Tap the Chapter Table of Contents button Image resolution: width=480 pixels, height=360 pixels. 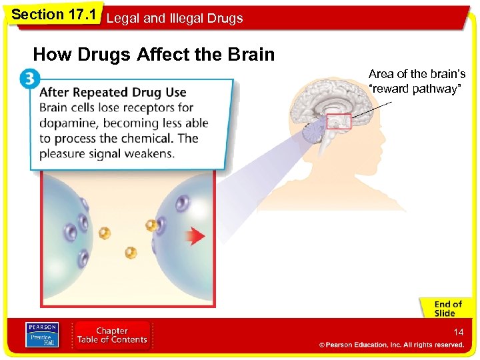pyautogui.click(x=112, y=335)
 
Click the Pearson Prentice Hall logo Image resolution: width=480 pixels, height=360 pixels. pyautogui.click(x=42, y=335)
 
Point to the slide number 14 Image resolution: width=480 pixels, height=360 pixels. pyautogui.click(x=458, y=331)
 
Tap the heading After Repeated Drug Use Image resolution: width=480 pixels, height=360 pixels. pyautogui.click(x=113, y=92)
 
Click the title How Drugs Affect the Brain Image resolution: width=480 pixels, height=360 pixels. pyautogui.click(x=154, y=55)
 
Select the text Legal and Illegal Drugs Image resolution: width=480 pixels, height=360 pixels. pyautogui.click(x=175, y=18)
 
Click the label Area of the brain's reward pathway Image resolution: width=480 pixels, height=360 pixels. pyautogui.click(x=417, y=81)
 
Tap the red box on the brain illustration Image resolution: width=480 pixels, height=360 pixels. pyautogui.click(x=339, y=121)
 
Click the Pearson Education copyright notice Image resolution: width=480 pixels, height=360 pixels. pyautogui.click(x=391, y=345)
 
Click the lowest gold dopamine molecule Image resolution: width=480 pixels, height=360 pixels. pyautogui.click(x=131, y=253)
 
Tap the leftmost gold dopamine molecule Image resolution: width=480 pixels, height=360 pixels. pyautogui.click(x=105, y=233)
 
